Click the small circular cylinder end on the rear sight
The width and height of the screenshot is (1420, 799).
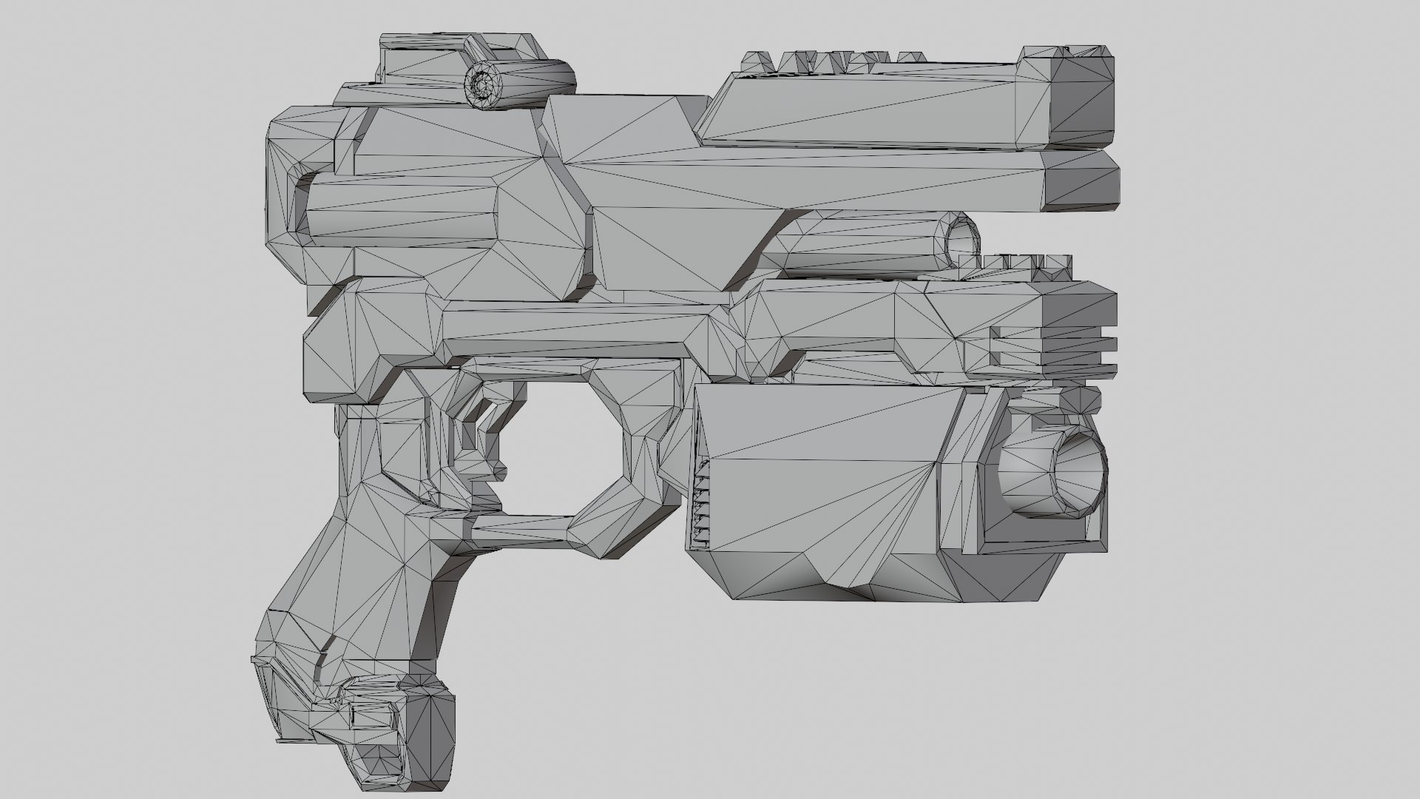pyautogui.click(x=482, y=85)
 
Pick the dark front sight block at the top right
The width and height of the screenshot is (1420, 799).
pyautogui.click(x=1080, y=100)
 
